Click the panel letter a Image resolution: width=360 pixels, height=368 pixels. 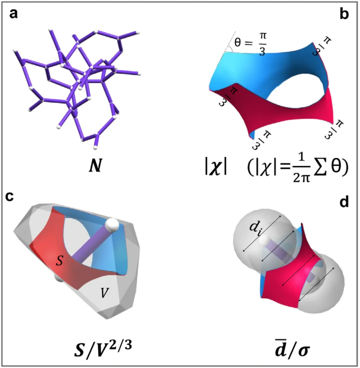pos(14,14)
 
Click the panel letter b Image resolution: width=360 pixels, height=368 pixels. pos(344,14)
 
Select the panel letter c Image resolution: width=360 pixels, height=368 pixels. pos(10,197)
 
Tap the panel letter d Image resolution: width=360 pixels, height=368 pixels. pos(344,202)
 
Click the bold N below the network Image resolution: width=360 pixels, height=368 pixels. pos(96,166)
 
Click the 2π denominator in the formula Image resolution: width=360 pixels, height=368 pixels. pos(302,177)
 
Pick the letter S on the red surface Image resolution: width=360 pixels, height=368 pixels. pos(59,260)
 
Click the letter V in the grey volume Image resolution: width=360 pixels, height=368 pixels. pos(105,293)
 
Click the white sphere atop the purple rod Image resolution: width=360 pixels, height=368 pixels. pos(112,225)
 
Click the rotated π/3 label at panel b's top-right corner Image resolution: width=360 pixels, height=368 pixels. pos(322,47)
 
